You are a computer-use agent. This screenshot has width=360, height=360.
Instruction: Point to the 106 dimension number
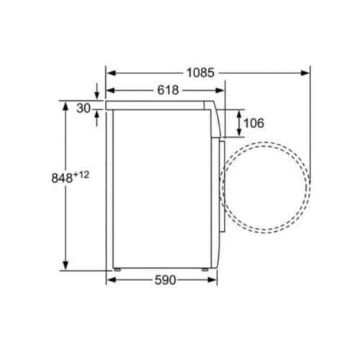pyautogui.click(x=253, y=123)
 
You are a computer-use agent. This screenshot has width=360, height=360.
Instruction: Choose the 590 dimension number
pyautogui.click(x=165, y=280)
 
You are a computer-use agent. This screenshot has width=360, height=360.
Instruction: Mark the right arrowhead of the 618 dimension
pyautogui.click(x=221, y=90)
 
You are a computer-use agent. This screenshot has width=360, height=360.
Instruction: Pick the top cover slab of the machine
pyautogui.click(x=162, y=105)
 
